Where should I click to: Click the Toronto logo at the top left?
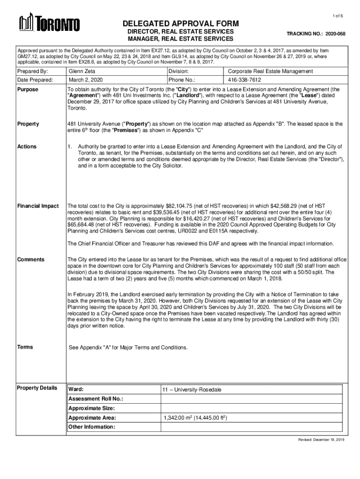click(x=49, y=22)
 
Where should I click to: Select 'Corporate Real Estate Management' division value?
click(x=270, y=72)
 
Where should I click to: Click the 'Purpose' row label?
click(x=28, y=89)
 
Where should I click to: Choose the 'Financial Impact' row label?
click(x=38, y=206)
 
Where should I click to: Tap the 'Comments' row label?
click(x=31, y=259)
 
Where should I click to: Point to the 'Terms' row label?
click(x=25, y=347)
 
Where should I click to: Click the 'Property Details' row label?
click(x=37, y=388)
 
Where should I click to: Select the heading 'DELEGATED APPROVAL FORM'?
click(x=180, y=23)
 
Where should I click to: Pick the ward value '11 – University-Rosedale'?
click(x=192, y=390)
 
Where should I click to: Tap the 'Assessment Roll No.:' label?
click(x=95, y=399)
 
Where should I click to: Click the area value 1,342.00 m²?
click(x=178, y=418)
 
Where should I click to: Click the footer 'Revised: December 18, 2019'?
click(x=321, y=440)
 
